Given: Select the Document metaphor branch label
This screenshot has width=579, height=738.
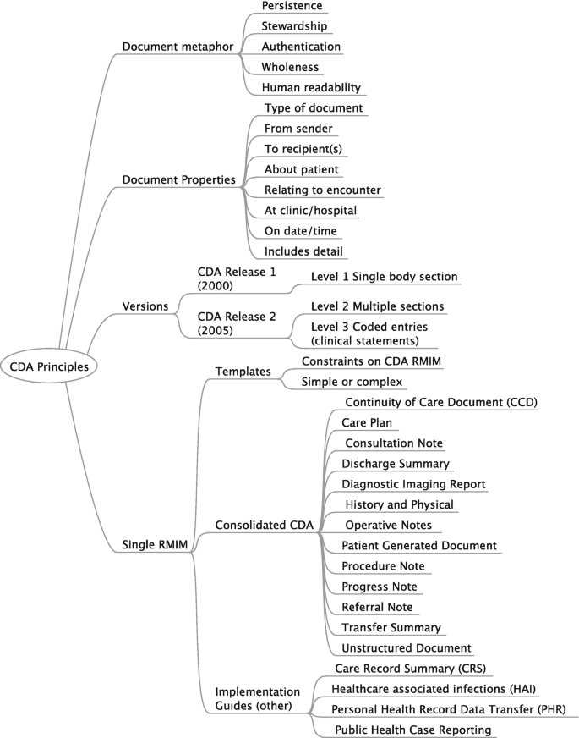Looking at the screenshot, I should [177, 47].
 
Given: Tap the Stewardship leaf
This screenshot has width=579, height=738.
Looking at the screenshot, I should [294, 26].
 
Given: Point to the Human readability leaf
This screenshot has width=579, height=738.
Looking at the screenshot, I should [311, 87].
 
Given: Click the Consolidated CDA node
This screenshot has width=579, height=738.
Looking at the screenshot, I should [265, 526].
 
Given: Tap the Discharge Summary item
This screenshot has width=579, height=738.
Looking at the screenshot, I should [395, 464].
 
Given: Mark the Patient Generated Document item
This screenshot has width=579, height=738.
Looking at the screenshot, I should [418, 545].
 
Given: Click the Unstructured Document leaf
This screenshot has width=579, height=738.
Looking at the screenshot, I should [406, 647].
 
